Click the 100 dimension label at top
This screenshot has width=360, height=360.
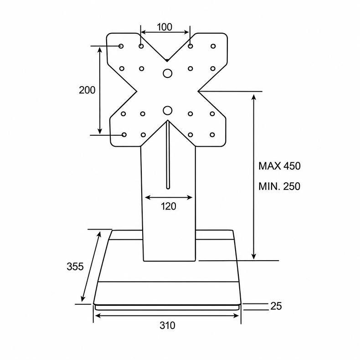tap(165, 27)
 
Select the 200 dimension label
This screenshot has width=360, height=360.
tap(87, 90)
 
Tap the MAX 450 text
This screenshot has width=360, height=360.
tap(279, 166)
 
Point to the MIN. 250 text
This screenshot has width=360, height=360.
tap(279, 186)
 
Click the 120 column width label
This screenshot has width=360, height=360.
tap(169, 206)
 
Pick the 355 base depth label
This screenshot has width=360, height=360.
tap(75, 267)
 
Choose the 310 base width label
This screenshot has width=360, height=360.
tap(167, 325)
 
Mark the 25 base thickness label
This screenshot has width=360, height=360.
tap(276, 306)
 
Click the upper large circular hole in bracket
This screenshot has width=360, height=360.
tap(167, 73)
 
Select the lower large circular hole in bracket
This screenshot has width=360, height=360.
tap(168, 111)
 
